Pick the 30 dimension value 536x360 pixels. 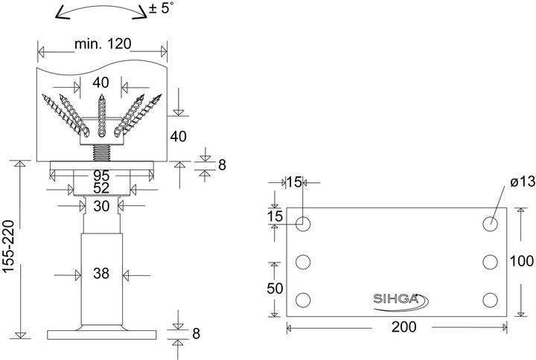[x=101, y=206]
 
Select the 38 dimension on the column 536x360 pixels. [x=101, y=274]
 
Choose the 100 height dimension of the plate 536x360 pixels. [x=521, y=262]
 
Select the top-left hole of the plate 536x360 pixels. [x=304, y=223]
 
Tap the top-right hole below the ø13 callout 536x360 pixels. [x=490, y=223]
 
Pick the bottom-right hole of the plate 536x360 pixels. [x=490, y=300]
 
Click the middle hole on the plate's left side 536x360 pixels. [x=304, y=262]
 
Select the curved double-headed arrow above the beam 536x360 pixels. [x=100, y=11]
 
